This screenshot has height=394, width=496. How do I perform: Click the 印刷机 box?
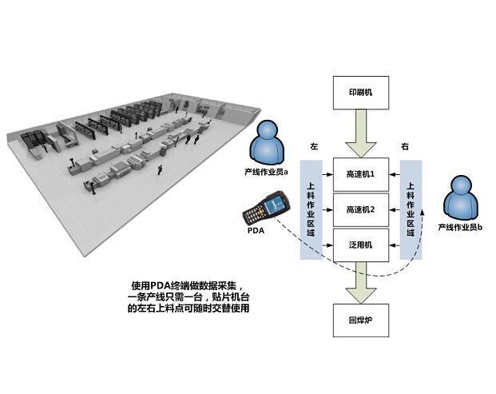[360, 93]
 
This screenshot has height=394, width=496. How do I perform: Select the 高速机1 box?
[360, 173]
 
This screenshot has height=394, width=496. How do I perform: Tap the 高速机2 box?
[360, 209]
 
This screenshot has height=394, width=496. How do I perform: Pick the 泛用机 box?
[360, 245]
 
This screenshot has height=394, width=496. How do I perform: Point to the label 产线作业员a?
[266, 171]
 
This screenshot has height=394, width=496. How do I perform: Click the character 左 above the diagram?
[314, 147]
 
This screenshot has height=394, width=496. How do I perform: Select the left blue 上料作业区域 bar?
[311, 208]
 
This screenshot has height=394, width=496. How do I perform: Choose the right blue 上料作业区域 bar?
[411, 208]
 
